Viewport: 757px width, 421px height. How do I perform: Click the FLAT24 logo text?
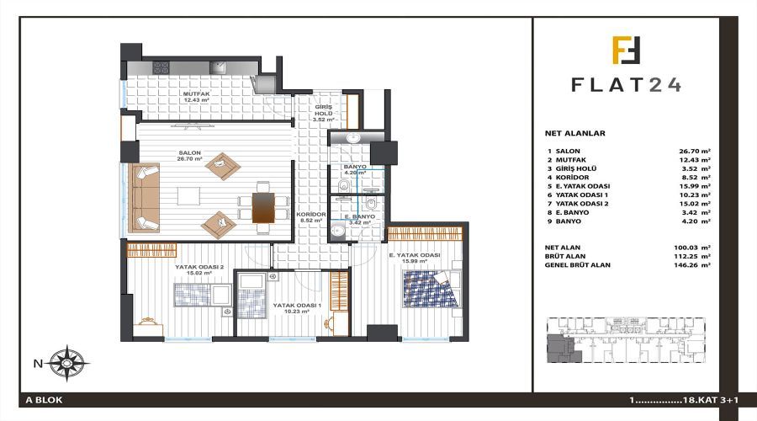pos(626,84)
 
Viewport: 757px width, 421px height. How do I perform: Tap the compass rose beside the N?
pos(67,364)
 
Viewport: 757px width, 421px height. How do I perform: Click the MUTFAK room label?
pos(196,93)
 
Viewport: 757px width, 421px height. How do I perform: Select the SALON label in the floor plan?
pos(189,152)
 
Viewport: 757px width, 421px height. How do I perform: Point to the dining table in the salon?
pos(263,208)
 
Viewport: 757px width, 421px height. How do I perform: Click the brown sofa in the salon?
pos(144,198)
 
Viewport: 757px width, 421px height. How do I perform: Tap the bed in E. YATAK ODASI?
pos(431,289)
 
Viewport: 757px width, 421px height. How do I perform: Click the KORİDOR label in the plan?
pos(311,214)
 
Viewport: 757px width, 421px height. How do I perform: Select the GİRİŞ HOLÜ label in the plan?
pos(324,110)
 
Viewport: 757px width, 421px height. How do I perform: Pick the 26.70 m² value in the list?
pos(695,152)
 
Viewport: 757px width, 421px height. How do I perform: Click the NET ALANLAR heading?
pos(575,133)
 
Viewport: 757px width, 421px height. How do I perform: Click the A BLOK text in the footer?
pos(45,400)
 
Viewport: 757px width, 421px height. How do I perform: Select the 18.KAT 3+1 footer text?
pos(711,400)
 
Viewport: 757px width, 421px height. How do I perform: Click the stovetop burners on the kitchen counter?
pos(161,67)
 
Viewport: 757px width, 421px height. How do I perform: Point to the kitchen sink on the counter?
pos(218,67)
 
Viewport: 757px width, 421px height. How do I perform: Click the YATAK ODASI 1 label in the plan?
pos(298,306)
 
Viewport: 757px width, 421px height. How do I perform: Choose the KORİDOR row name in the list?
pos(572,178)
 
